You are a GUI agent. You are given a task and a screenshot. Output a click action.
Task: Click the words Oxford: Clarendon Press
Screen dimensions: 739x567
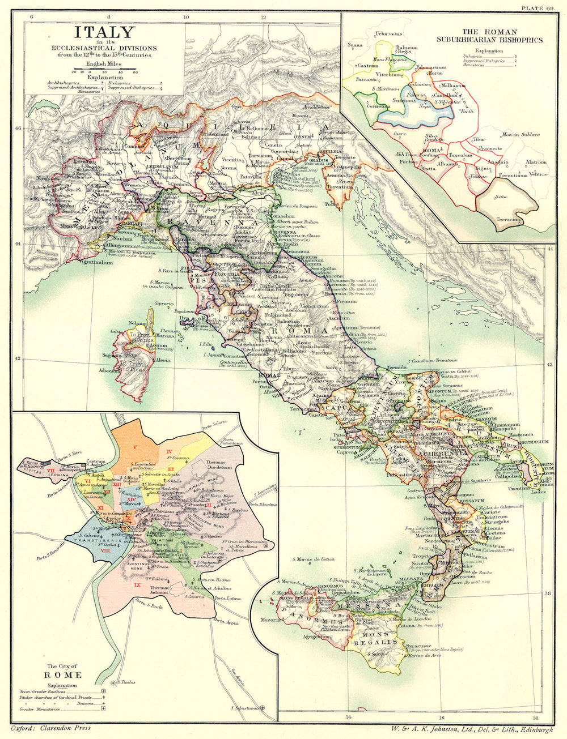pos(52,729)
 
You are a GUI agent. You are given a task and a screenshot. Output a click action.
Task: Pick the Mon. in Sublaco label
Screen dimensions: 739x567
pos(520,135)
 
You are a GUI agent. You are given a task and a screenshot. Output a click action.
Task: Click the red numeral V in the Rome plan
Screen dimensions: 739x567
pos(135,447)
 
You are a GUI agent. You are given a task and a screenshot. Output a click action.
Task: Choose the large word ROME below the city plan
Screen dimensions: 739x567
pos(65,675)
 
